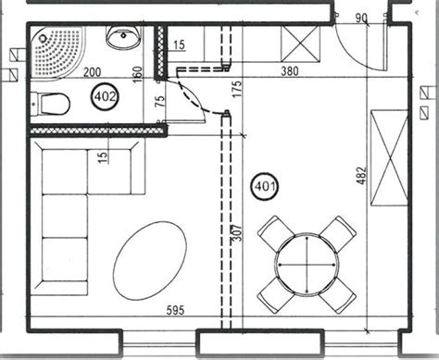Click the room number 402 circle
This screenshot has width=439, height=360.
pos(106,97)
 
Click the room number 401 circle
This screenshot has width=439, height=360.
pos(265,186)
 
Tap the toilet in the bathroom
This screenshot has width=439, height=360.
pos(50,104)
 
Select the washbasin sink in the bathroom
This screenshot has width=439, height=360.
pos(124,37)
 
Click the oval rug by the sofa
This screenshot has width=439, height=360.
pos(150,261)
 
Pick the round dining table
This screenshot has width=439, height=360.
pos(307,265)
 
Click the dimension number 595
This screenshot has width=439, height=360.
pos(175,310)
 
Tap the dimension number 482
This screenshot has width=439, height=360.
pos(361,176)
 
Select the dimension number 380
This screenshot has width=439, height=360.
pos(290,71)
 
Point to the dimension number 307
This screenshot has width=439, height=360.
pos(237,233)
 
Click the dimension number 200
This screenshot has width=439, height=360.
pos(93,72)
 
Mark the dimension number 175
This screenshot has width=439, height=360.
pos(237,89)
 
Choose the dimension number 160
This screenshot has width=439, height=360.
pos(137,74)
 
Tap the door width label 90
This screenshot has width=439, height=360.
pos(361,19)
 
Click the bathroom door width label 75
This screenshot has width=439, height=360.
pos(160,101)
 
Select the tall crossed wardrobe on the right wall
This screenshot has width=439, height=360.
pos(389,157)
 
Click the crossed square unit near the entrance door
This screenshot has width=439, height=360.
pos(300,43)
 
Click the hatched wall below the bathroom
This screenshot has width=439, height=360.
pos(98,130)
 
